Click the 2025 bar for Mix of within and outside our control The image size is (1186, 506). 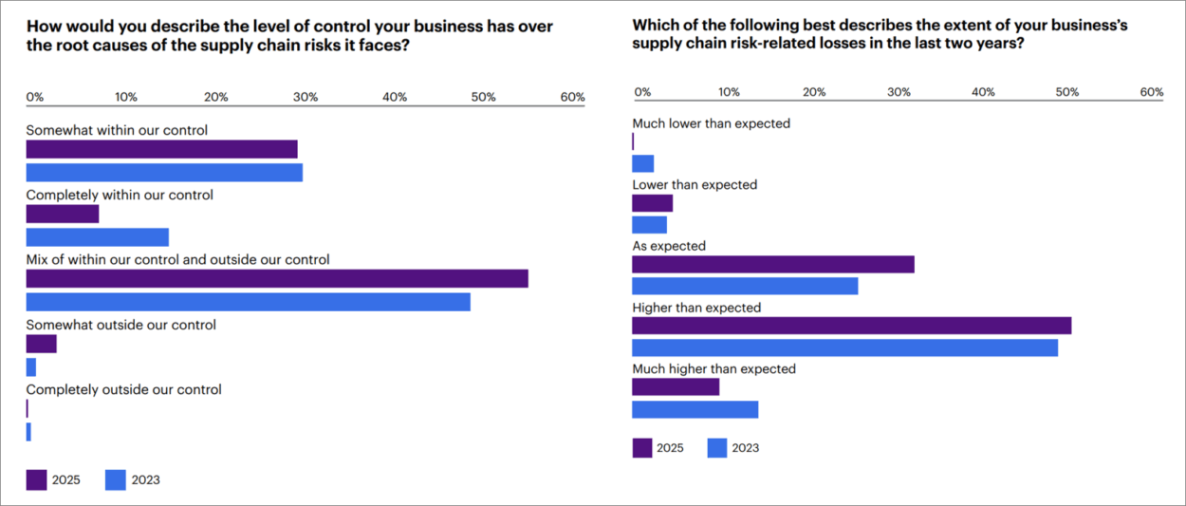click(x=276, y=279)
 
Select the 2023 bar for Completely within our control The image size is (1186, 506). click(x=97, y=237)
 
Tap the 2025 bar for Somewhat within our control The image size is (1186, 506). click(x=161, y=149)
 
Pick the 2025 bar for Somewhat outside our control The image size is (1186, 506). click(x=41, y=344)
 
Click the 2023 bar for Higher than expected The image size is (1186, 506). click(x=844, y=347)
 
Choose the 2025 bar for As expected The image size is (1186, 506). click(x=773, y=264)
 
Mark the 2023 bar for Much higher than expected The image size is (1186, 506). click(x=695, y=409)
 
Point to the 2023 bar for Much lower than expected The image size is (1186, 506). click(x=642, y=163)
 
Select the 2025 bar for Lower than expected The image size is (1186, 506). click(x=652, y=203)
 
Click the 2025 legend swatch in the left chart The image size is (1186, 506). click(x=36, y=479)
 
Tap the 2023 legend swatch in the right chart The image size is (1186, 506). click(x=717, y=448)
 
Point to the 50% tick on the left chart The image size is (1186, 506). click(x=483, y=97)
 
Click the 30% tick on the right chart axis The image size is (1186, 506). click(x=898, y=92)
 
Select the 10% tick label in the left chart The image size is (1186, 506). click(x=126, y=97)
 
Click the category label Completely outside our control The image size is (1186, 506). click(x=123, y=389)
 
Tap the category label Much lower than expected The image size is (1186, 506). click(x=711, y=123)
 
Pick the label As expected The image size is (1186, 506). click(x=669, y=246)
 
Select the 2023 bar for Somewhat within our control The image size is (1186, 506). click(x=164, y=172)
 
